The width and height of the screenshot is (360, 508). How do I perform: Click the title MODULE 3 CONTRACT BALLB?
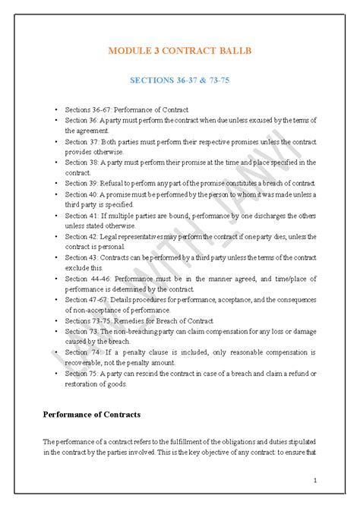[180, 52]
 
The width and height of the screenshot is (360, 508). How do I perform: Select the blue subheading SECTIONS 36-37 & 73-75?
[180, 80]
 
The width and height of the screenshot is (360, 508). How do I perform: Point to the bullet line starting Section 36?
[190, 120]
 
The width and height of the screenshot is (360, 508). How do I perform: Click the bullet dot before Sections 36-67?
[56, 110]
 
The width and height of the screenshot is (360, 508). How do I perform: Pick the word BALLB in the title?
[232, 52]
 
